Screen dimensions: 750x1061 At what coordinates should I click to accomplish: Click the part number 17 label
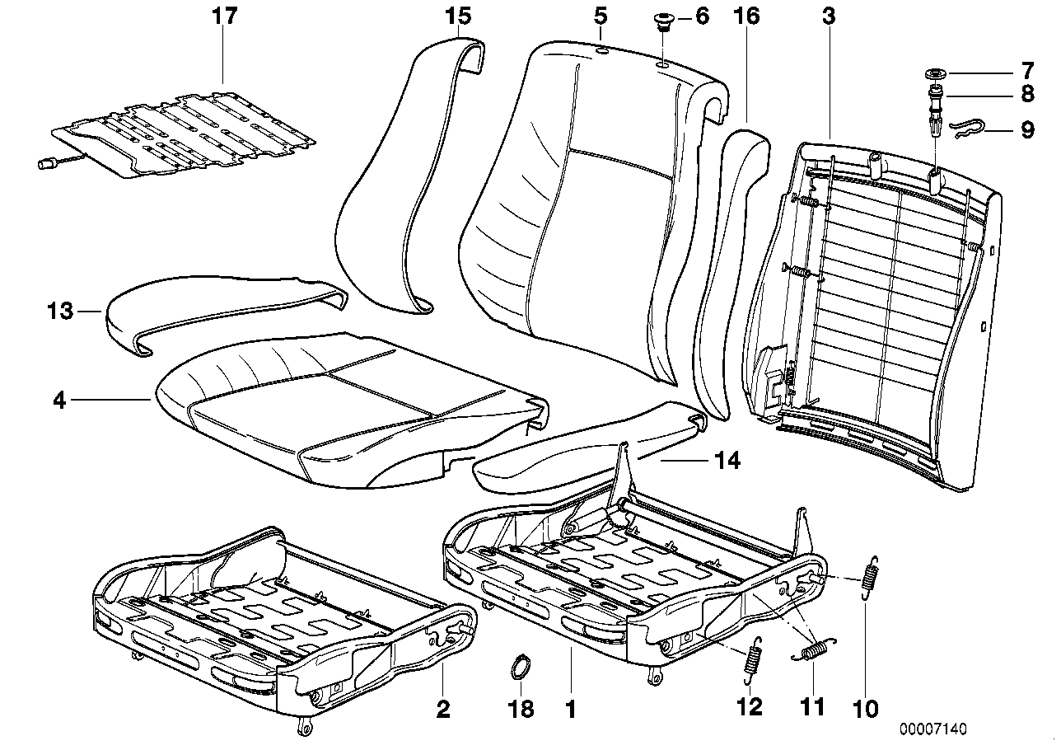tap(223, 16)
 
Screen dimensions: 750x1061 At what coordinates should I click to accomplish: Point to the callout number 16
tap(747, 16)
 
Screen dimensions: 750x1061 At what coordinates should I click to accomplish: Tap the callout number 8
tap(1026, 94)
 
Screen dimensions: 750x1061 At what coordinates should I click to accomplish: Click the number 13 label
tap(61, 312)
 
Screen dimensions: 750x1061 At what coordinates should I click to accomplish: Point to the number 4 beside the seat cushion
tap(58, 401)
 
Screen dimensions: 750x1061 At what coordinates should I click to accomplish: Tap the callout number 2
tap(443, 708)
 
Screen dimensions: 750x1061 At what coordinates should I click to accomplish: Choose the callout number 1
tap(570, 708)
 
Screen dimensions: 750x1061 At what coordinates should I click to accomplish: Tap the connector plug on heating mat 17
tap(48, 164)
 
